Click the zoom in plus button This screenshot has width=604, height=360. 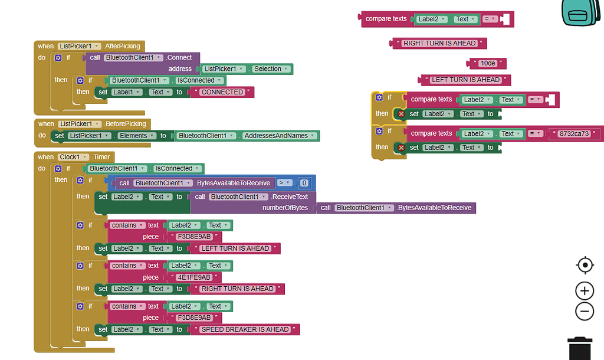tap(584, 290)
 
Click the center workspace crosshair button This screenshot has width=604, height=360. tap(584, 265)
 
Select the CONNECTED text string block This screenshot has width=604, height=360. tap(222, 92)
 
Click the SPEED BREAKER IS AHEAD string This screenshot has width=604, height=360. tap(245, 329)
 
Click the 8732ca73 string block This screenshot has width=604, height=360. tap(574, 134)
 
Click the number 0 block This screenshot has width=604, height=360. tap(304, 183)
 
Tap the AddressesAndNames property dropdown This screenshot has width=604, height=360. tap(281, 136)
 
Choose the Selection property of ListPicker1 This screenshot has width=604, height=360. tap(271, 69)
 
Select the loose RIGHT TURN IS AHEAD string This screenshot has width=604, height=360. tap(439, 43)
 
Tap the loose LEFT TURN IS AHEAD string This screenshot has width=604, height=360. tap(465, 80)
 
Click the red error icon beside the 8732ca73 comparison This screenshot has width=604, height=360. tap(402, 148)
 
